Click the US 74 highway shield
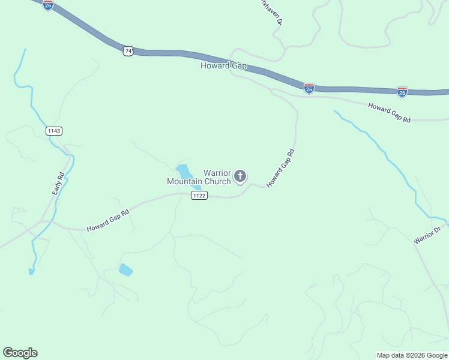128,51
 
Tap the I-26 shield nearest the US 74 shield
48,5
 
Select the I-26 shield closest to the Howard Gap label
309,89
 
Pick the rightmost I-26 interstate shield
402,92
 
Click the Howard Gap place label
224,65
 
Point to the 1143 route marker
53,130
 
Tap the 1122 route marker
199,196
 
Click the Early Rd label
58,184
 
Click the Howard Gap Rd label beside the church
280,169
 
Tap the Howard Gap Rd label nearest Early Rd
108,220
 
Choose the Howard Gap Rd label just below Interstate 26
390,112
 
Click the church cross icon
240,176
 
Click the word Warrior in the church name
217,173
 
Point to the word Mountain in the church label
185,181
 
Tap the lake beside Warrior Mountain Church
183,171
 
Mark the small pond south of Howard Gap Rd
125,269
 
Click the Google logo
20,353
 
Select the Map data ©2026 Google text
412,355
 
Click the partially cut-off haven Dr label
271,11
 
